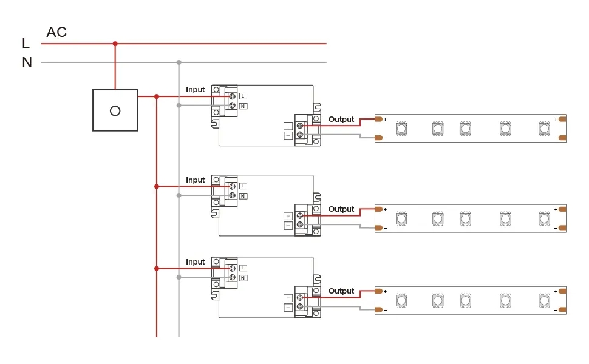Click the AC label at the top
pyautogui.click(x=56, y=32)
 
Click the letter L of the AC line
pyautogui.click(x=26, y=43)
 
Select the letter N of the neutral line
pyautogui.click(x=27, y=62)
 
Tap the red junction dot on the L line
pyautogui.click(x=115, y=44)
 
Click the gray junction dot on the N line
pyautogui.click(x=179, y=62)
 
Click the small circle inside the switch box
pyautogui.click(x=115, y=110)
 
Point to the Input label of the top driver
pyautogui.click(x=196, y=90)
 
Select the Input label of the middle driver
pyautogui.click(x=196, y=180)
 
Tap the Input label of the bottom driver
pyautogui.click(x=196, y=262)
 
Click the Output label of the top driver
pyautogui.click(x=341, y=120)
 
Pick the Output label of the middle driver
pyautogui.click(x=341, y=209)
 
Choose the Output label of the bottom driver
pyautogui.click(x=341, y=291)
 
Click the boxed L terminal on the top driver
pyautogui.click(x=243, y=96)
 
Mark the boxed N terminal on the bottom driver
pyautogui.click(x=243, y=278)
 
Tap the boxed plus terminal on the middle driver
pyautogui.click(x=288, y=216)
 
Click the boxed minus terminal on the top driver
pyautogui.click(x=288, y=135)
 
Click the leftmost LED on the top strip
pyautogui.click(x=401, y=129)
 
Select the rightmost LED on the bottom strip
pyautogui.click(x=544, y=300)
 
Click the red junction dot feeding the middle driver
pyautogui.click(x=157, y=186)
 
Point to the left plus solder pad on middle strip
pyautogui.click(x=379, y=209)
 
